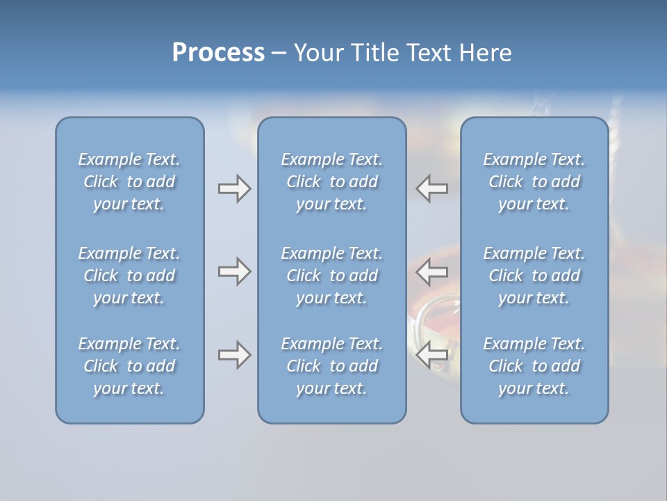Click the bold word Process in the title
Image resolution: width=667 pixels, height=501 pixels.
218,53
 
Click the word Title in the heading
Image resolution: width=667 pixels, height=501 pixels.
376,53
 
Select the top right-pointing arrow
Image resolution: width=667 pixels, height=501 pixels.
234,189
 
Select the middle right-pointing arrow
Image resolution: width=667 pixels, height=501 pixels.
234,271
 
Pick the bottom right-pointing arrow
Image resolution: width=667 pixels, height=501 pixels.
234,355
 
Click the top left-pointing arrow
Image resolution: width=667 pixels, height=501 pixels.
431,189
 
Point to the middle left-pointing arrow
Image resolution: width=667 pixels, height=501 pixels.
431,271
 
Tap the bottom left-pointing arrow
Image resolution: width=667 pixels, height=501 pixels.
431,355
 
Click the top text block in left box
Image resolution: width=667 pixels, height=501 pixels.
129,182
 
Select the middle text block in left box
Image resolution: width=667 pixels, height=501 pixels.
129,276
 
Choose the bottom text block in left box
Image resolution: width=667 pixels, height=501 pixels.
129,366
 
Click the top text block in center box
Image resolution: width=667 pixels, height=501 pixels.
331,182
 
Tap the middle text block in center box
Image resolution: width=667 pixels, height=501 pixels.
331,276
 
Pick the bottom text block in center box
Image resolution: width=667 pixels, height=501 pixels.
331,366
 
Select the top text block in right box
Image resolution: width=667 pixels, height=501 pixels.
534,182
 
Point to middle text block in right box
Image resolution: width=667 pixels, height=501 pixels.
534,276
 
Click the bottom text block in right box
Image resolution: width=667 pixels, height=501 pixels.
534,366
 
